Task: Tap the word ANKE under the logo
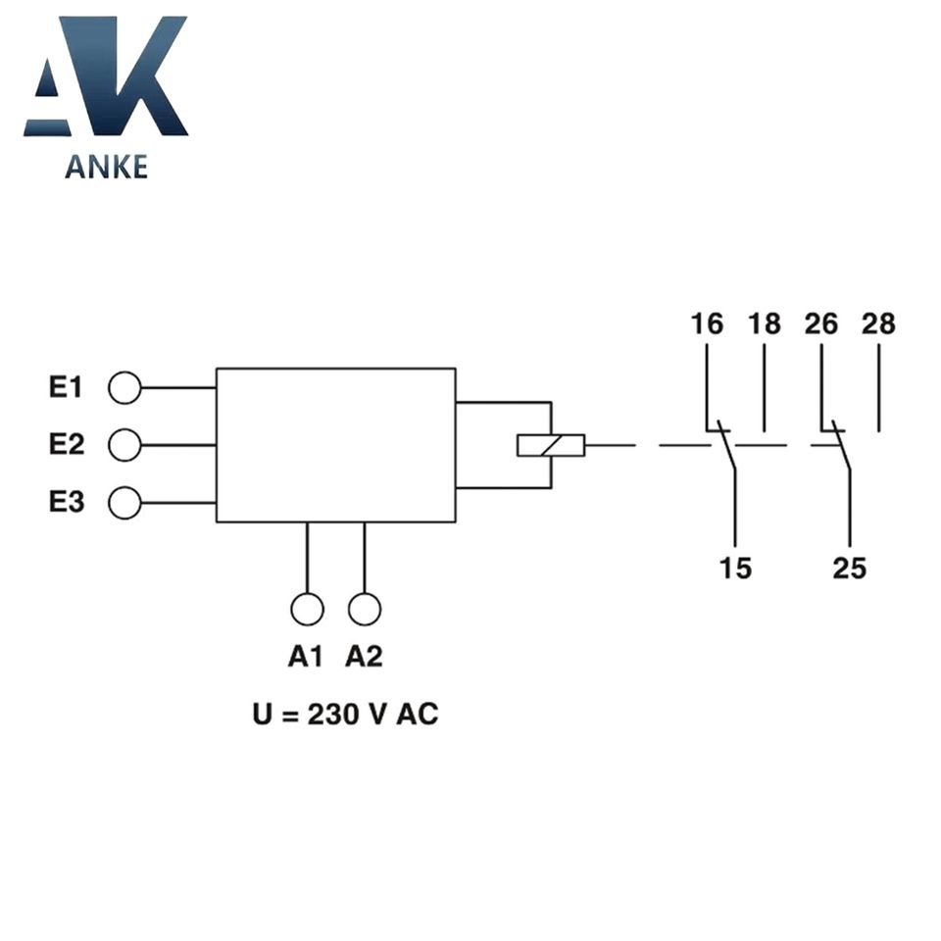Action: (106, 167)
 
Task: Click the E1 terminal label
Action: (67, 388)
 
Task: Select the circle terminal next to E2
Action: (124, 445)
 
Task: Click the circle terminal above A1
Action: (307, 609)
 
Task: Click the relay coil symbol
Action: (551, 445)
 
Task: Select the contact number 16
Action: (706, 323)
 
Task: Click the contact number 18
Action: (765, 323)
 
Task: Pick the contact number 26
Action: (821, 323)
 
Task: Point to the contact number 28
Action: (878, 323)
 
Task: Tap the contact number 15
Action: (735, 568)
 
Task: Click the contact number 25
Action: (850, 568)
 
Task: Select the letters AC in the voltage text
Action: (417, 715)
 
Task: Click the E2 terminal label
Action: (67, 445)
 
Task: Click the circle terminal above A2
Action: (365, 609)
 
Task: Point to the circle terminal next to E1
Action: (124, 388)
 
